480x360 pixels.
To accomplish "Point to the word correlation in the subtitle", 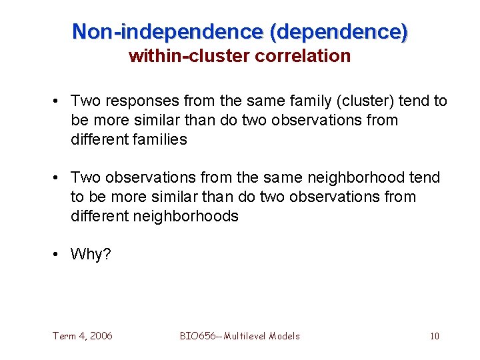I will coord(303,56).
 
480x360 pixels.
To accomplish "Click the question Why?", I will coord(91,255).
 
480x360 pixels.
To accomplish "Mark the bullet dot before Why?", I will coord(59,255).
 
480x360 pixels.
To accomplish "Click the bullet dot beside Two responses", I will coord(59,101).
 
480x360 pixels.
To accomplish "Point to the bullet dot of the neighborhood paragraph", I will coord(59,178).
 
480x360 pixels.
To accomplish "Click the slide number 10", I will coord(434,336).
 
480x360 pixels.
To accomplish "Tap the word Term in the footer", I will coord(65,336).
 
